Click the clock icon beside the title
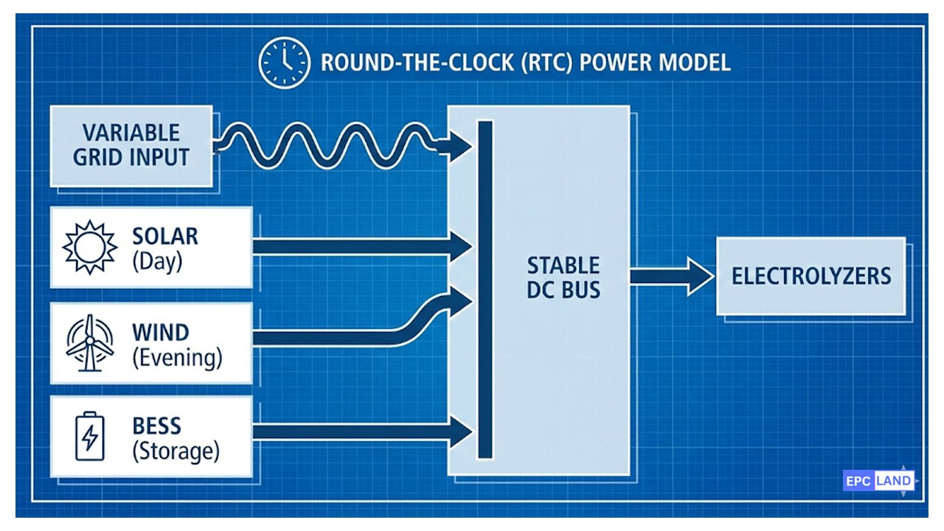284,63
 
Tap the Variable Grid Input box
131,145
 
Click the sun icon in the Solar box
90,246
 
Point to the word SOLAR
165,237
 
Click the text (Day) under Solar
156,262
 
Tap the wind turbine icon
90,343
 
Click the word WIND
161,333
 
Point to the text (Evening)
177,358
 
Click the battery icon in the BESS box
90,436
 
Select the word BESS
157,426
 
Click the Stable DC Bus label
563,277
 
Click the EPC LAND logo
878,481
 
